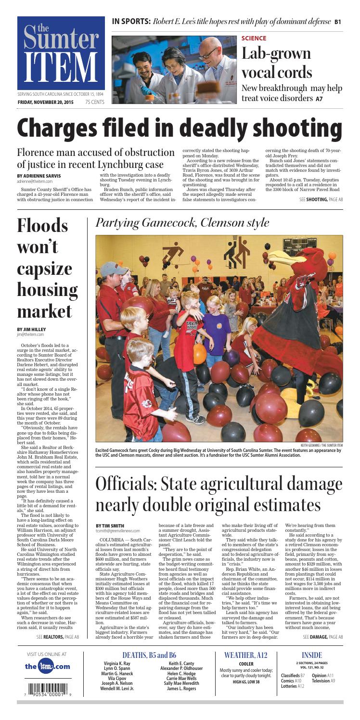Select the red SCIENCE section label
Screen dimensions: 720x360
coord(253,38)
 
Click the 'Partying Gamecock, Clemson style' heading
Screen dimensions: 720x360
coord(182,223)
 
